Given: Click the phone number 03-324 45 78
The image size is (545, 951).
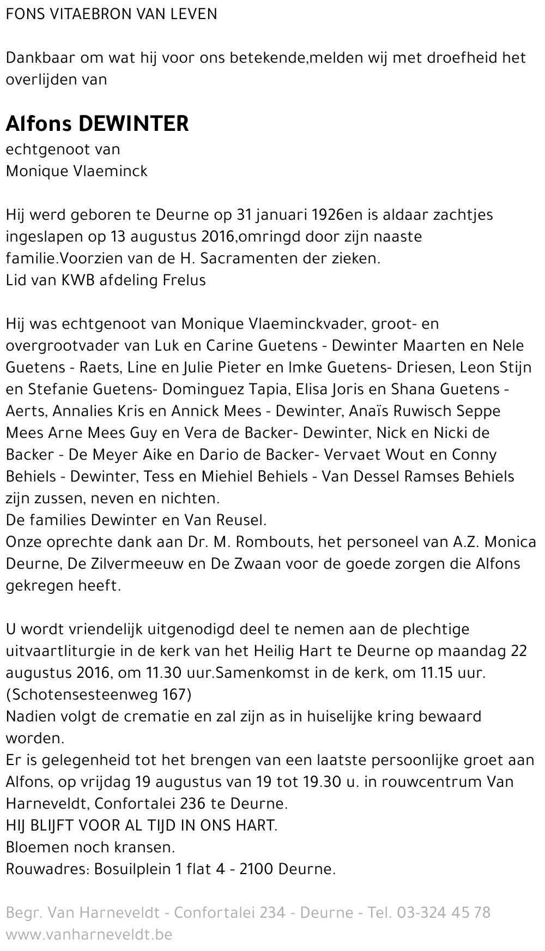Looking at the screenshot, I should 444,913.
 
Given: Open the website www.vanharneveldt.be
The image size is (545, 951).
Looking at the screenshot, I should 89,935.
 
